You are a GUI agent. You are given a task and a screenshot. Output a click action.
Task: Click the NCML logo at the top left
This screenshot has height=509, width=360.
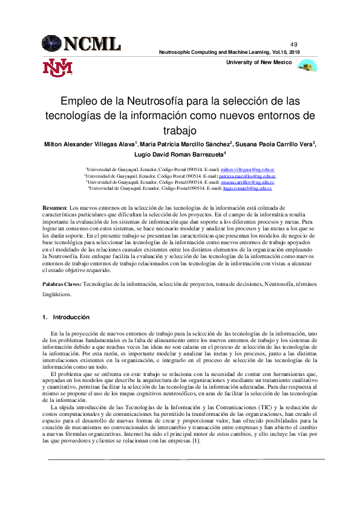pos(81,43)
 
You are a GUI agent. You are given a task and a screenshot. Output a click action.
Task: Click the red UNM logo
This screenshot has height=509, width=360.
pos(57,68)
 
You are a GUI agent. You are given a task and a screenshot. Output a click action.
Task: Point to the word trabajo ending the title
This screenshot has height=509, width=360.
pos(180,130)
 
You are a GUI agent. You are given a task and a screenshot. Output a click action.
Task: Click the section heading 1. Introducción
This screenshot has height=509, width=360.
pos(66,317)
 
